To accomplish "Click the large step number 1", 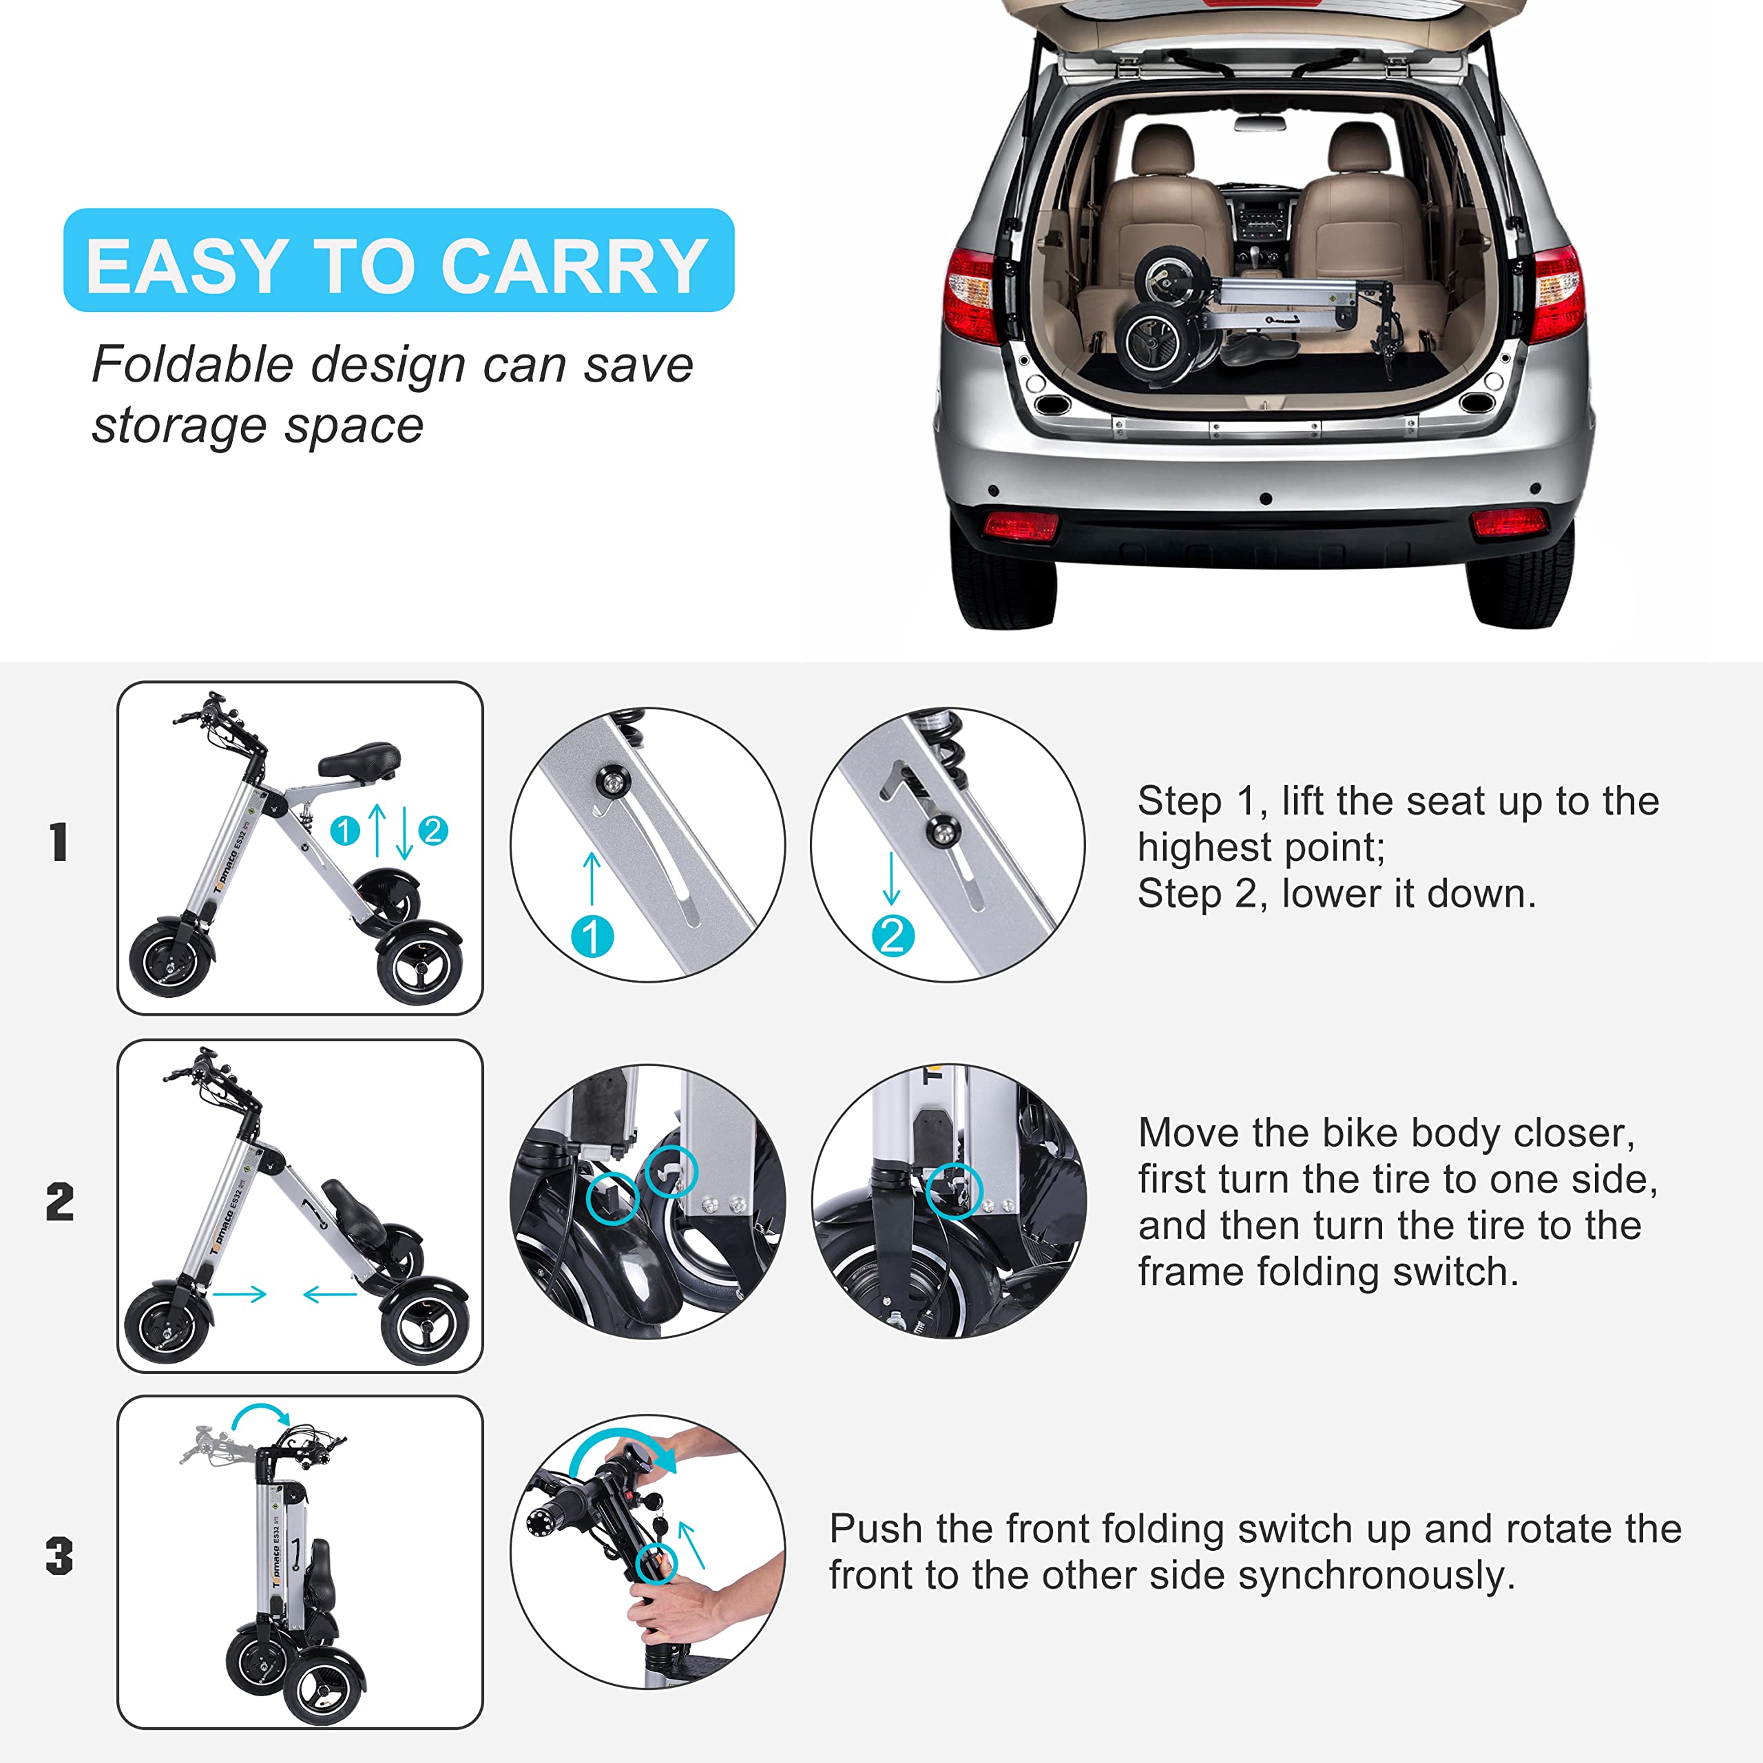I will [x=59, y=842].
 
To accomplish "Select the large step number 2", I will [x=60, y=1202].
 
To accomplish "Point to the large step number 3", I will [x=59, y=1557].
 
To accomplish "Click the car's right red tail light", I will [x=1558, y=293].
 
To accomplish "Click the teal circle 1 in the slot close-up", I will [x=592, y=937].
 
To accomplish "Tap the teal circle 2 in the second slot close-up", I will [x=893, y=937].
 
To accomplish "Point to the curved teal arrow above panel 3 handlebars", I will [x=261, y=1416].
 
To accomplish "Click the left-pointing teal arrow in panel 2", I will [x=329, y=1294].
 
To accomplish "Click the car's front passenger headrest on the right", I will [x=1359, y=149].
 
